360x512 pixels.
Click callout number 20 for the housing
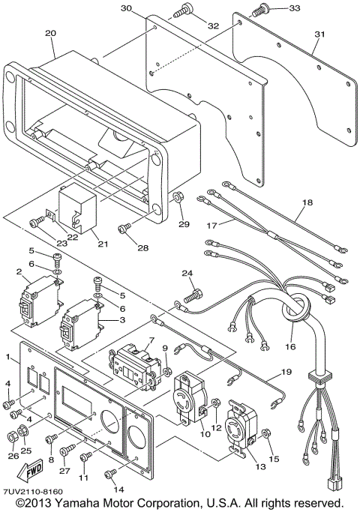50,34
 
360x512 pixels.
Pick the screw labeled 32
182,10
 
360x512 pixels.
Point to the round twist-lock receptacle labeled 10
190,397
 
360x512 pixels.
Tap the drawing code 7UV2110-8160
31,490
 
